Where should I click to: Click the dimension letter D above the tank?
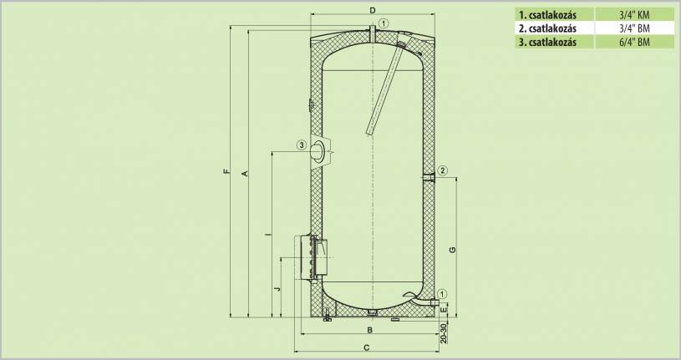pos(372,9)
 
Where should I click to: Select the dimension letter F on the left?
pos(226,172)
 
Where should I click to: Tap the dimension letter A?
pos(245,174)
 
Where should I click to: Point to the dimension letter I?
pos(267,235)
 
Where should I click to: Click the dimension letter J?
pos(278,288)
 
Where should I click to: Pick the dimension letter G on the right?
pos(453,250)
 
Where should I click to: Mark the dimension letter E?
pos(443,310)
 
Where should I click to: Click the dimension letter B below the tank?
pos(370,330)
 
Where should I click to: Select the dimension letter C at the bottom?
pos(367,347)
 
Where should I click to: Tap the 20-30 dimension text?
pos(443,333)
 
